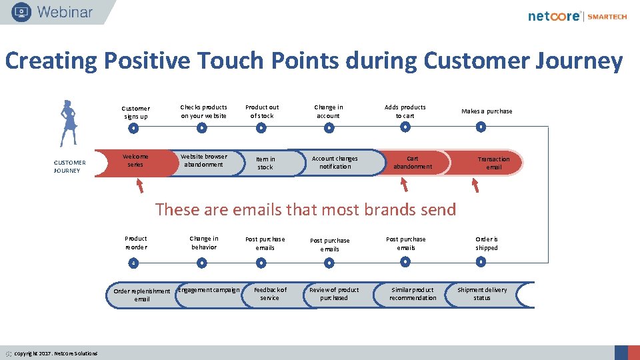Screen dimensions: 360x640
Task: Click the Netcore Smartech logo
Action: point(577,16)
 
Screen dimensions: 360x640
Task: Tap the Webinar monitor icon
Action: point(21,12)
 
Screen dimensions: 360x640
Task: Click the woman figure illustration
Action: point(67,123)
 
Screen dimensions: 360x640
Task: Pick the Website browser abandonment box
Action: point(204,161)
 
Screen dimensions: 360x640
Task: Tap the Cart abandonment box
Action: point(413,163)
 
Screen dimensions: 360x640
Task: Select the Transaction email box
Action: point(493,163)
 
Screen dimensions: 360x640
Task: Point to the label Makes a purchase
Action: point(487,111)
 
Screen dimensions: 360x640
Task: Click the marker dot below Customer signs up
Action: point(134,128)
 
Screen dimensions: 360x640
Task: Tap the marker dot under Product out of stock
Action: point(261,127)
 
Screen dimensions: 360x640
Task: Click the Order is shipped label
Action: point(487,243)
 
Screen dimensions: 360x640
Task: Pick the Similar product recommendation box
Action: point(413,294)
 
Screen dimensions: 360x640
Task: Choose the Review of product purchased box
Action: point(334,294)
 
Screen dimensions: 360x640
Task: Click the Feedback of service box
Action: point(270,294)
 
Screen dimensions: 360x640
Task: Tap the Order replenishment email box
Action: point(141,295)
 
